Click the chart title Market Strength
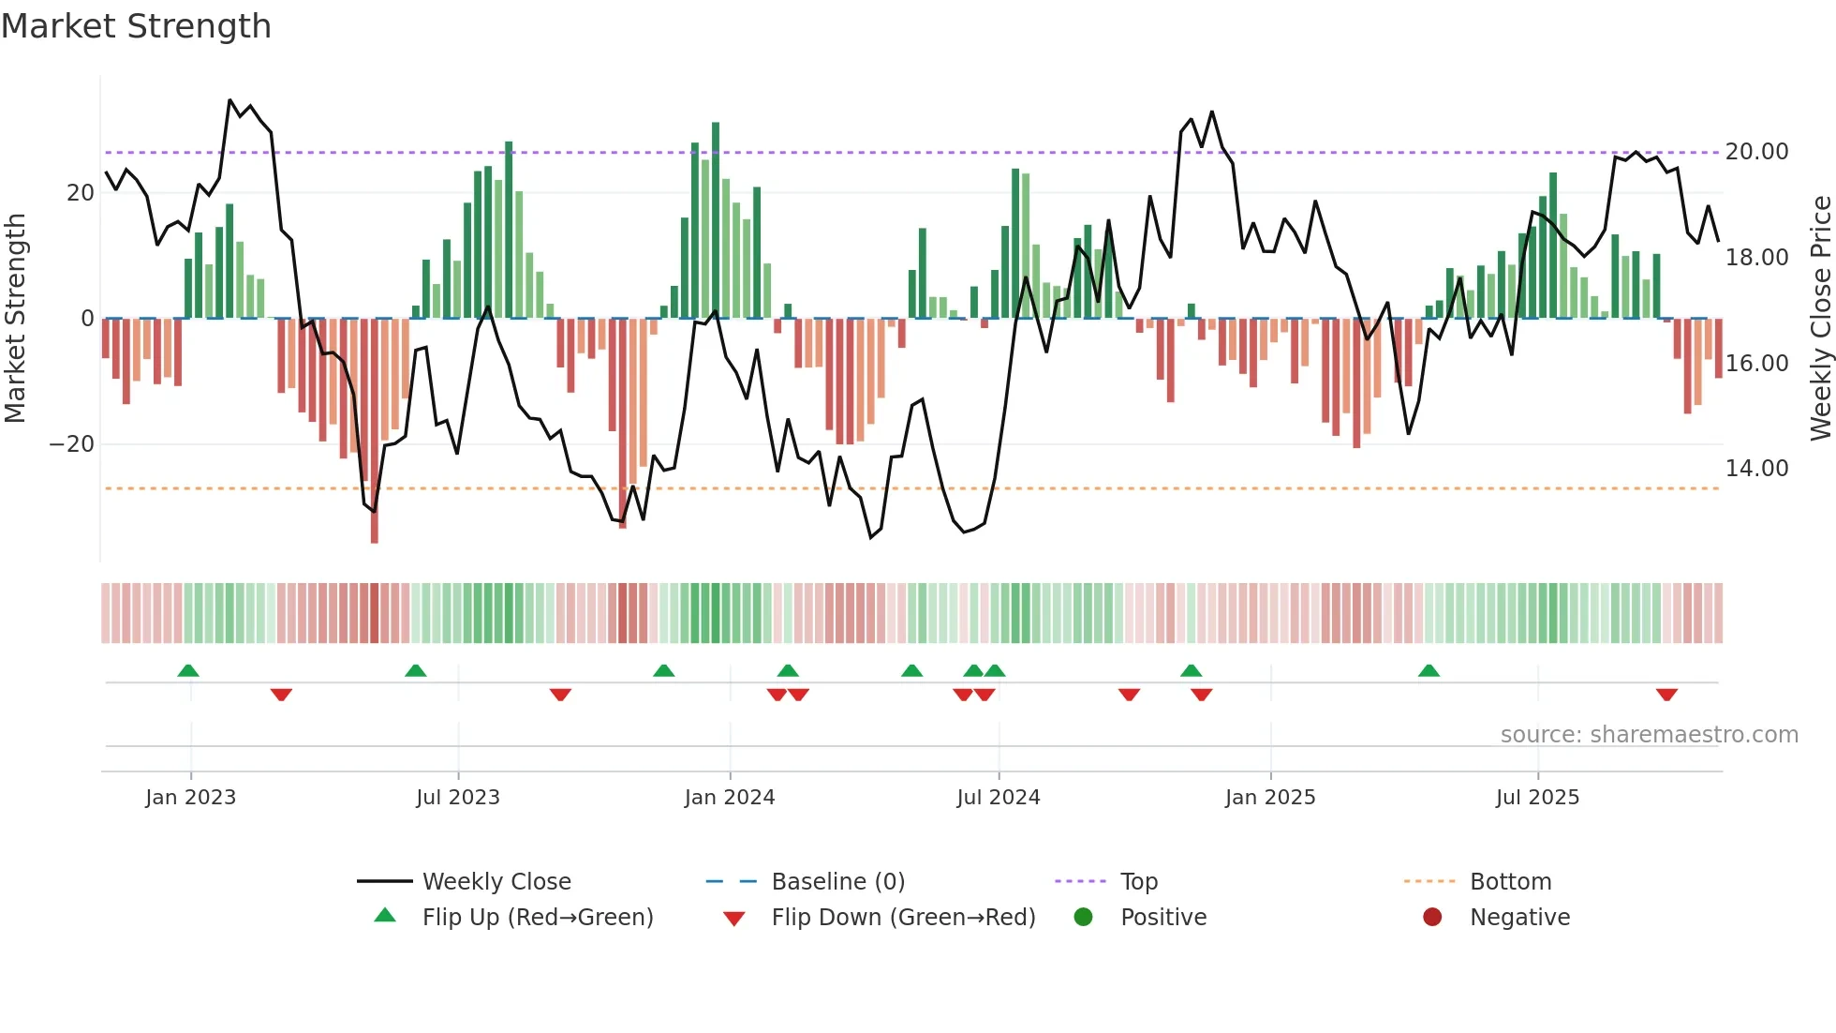136,26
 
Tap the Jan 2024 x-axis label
730,798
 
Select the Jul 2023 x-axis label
458,798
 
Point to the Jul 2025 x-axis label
1537,798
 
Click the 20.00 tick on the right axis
1756,152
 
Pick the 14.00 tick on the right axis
1756,469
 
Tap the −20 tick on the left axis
72,444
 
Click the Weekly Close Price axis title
1820,318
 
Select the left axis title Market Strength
15,318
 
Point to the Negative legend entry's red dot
1432,917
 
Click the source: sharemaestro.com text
1649,735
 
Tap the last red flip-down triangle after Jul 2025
1666,695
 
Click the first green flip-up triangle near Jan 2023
188,670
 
